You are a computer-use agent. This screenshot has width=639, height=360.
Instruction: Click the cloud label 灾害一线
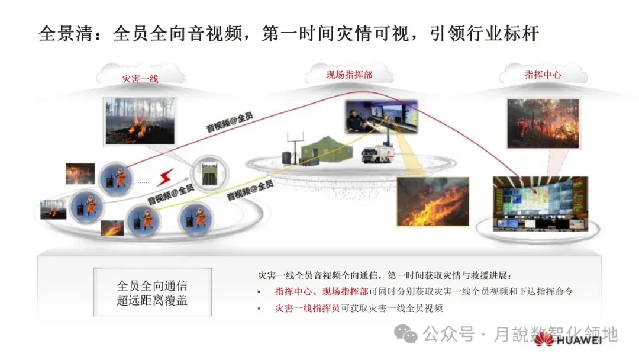pyautogui.click(x=140, y=78)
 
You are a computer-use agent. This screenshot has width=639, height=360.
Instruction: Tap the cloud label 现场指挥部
pyautogui.click(x=349, y=75)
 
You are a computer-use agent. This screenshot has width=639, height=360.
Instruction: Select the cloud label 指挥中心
pyautogui.click(x=543, y=75)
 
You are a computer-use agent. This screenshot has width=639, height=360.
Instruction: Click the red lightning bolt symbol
pyautogui.click(x=165, y=176)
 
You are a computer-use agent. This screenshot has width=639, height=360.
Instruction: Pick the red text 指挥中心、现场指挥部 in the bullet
pyautogui.click(x=322, y=291)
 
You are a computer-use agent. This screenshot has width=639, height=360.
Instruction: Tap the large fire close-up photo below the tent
pyautogui.click(x=432, y=201)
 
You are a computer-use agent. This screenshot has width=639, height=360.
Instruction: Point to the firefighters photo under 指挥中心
pyautogui.click(x=543, y=123)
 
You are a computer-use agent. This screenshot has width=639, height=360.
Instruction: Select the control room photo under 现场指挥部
pyautogui.click(x=381, y=116)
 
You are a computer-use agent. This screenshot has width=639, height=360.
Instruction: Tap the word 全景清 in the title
pyautogui.click(x=65, y=34)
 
